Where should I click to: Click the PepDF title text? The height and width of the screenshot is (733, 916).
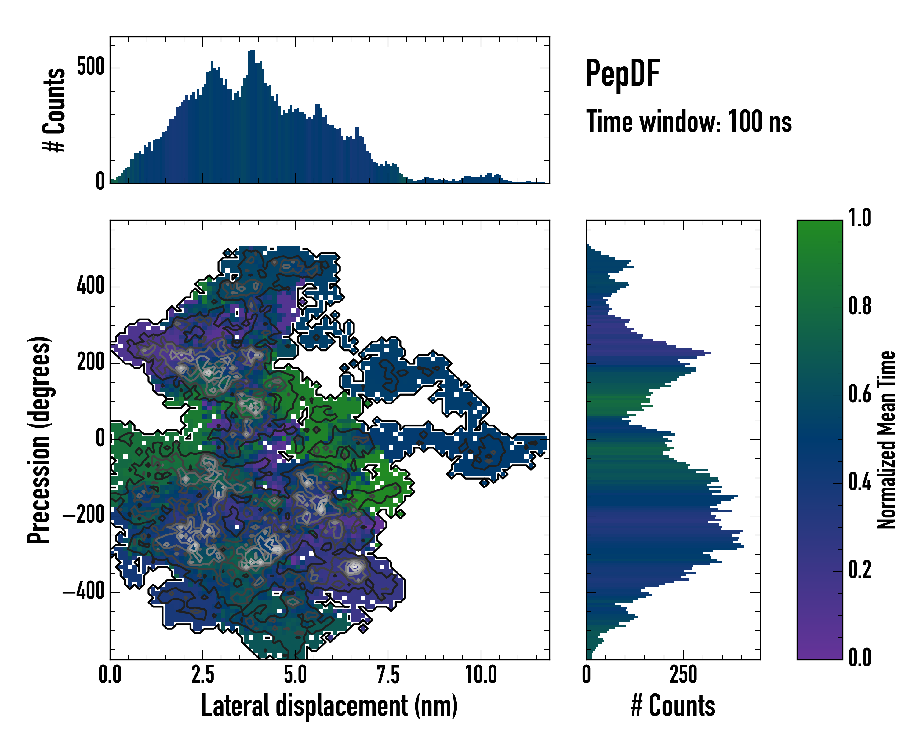622,74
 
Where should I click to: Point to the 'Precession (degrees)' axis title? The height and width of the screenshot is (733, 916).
39,440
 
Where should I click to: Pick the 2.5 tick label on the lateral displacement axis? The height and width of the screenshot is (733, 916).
203,675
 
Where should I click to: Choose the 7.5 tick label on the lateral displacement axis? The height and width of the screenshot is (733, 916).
388,675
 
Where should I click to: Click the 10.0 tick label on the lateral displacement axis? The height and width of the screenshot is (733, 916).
481,675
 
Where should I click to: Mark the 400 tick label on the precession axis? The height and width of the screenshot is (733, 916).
90,286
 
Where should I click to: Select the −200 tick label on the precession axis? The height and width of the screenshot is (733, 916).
83,516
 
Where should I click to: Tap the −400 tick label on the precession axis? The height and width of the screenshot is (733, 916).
83,592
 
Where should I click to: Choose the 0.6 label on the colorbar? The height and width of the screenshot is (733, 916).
860,394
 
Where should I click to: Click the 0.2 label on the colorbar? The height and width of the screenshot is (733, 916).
860,570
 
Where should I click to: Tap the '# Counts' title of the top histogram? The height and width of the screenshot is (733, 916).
54,110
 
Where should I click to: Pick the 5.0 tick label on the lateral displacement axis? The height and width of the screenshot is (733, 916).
295,675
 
